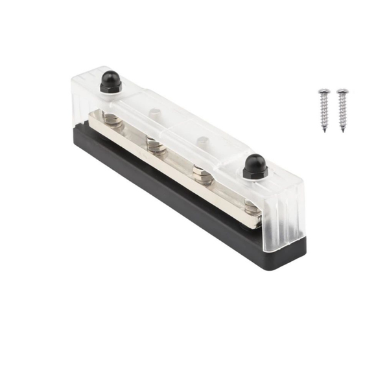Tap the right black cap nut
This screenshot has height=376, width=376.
(x=254, y=167)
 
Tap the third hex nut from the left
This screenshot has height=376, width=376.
(x=201, y=171)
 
